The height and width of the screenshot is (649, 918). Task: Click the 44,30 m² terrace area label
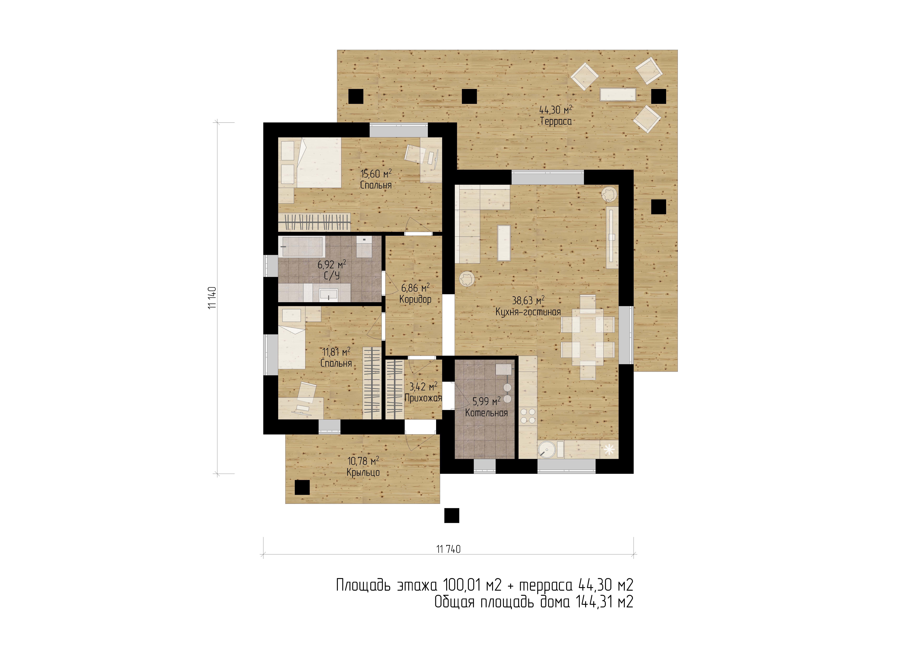(x=555, y=110)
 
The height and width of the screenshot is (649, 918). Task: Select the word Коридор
(x=415, y=299)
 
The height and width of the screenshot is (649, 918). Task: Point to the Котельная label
(x=486, y=413)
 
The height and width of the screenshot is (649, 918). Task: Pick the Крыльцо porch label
(x=363, y=472)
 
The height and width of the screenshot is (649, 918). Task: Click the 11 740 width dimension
(x=448, y=549)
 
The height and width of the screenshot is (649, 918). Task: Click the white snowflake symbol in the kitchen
(x=609, y=449)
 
